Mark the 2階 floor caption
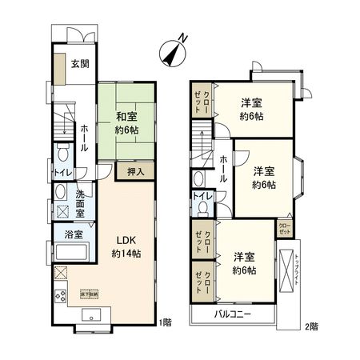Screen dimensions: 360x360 tap(310, 327)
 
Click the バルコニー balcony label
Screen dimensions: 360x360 tap(234, 314)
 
